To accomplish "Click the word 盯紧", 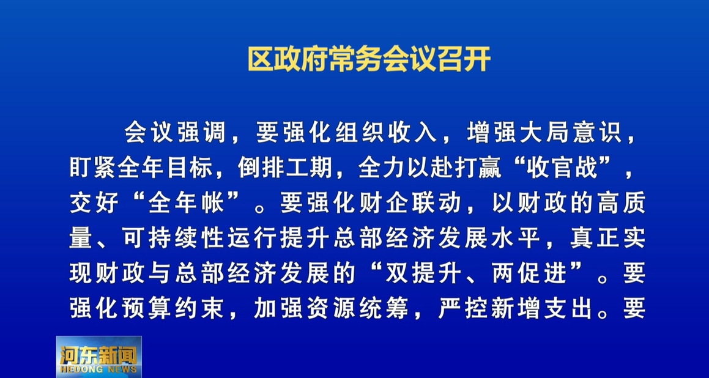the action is coord(93,169).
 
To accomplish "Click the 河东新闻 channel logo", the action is coord(98,357).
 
